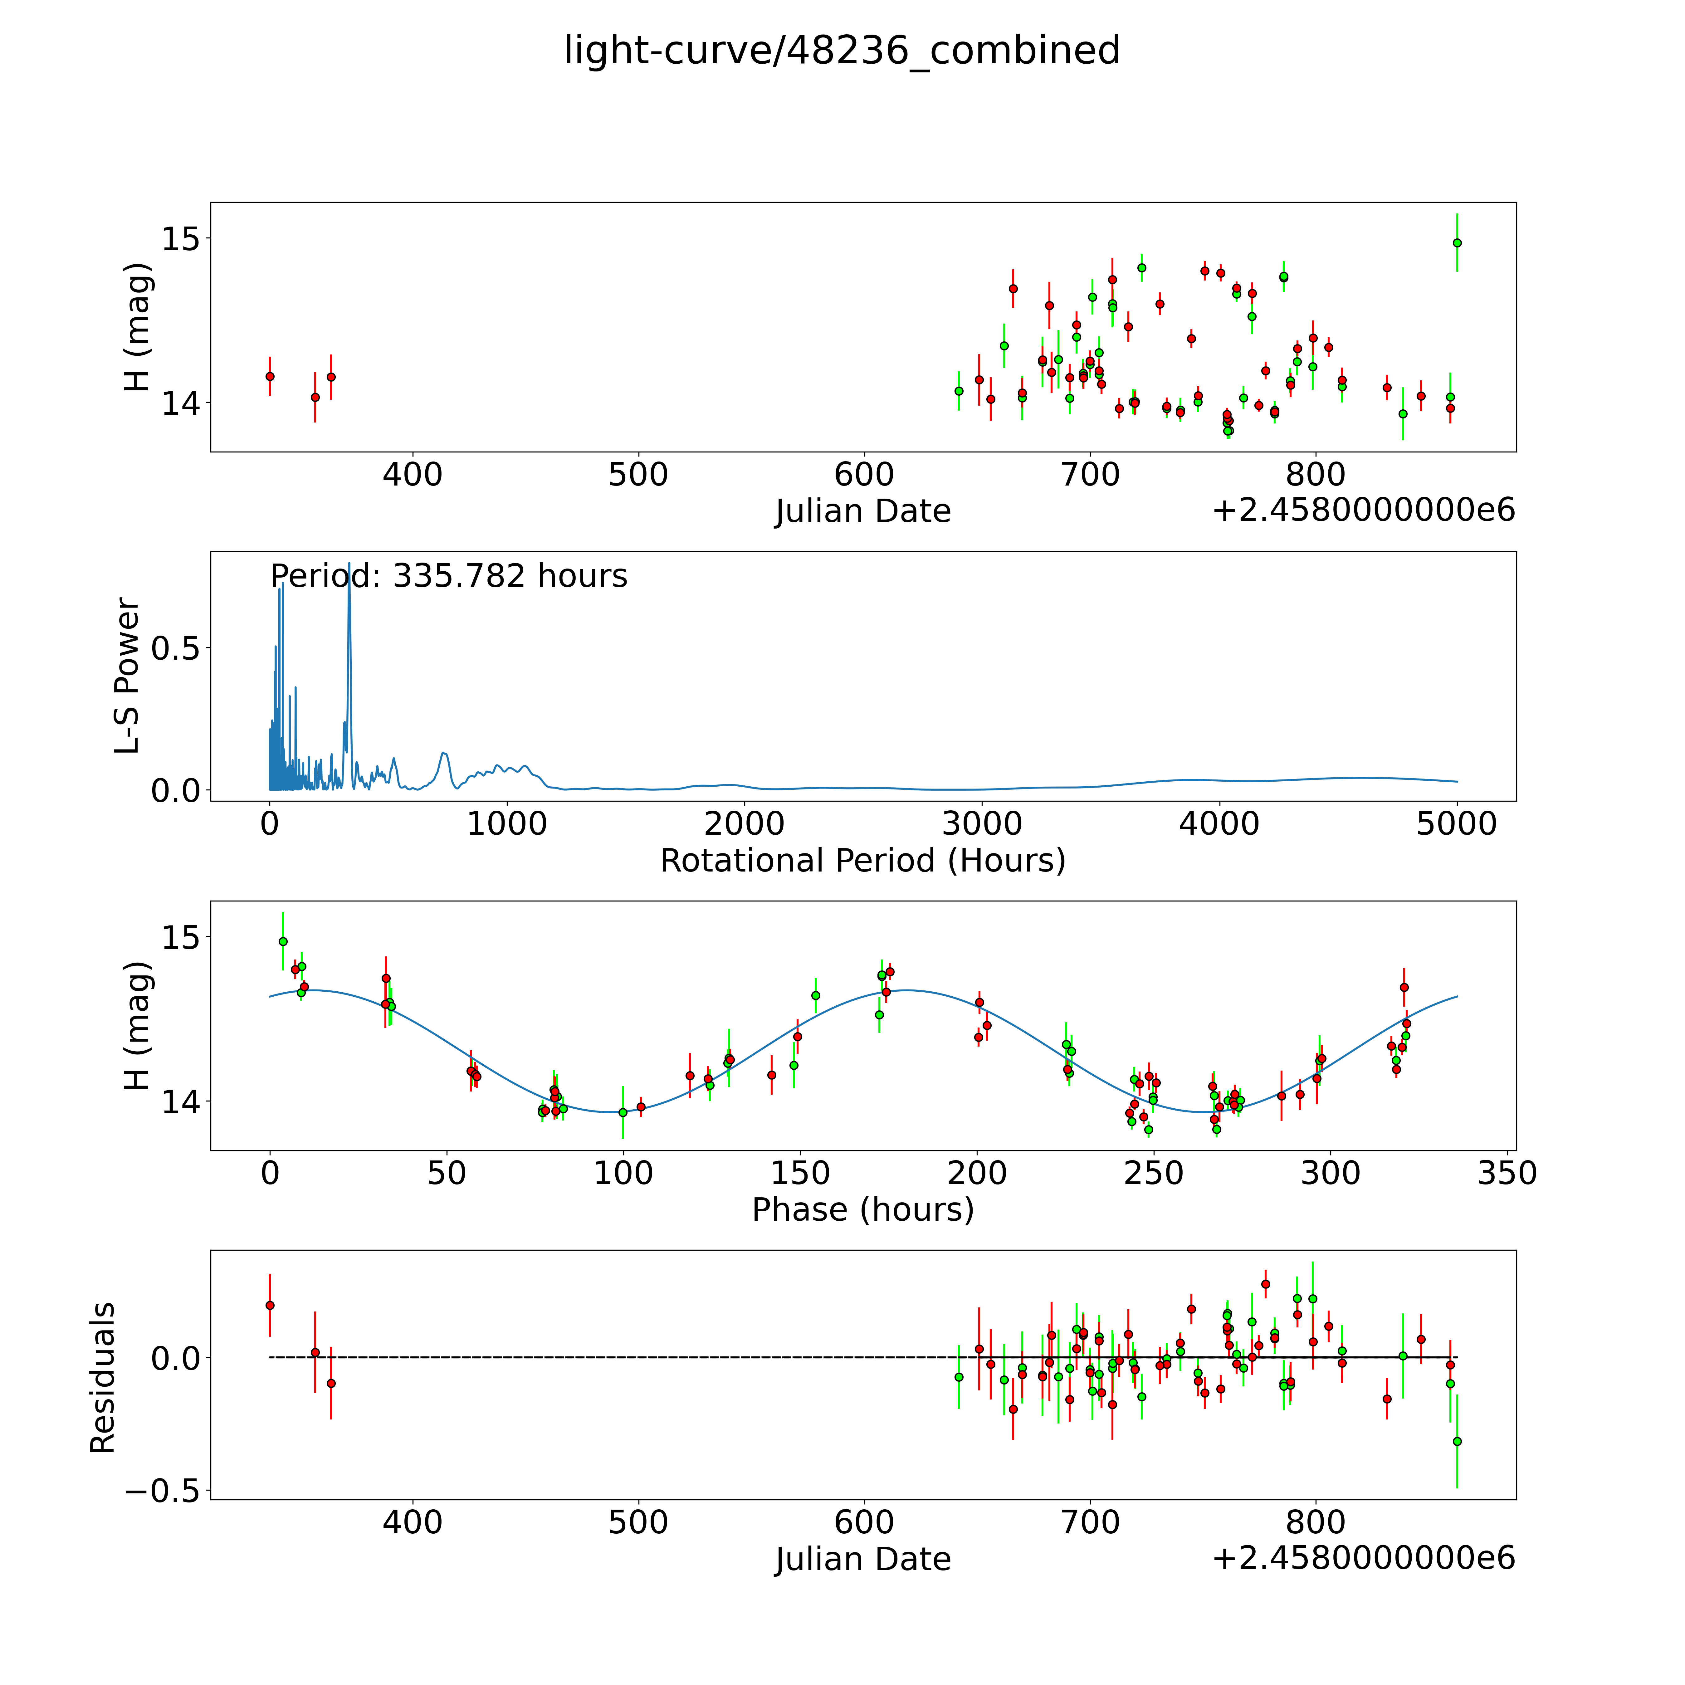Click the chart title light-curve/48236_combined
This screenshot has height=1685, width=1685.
pyautogui.click(x=842, y=51)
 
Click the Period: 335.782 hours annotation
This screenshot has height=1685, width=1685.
pyautogui.click(x=448, y=577)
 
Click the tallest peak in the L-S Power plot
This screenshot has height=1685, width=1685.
pyautogui.click(x=349, y=564)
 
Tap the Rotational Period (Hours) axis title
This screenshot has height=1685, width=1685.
pyautogui.click(x=862, y=861)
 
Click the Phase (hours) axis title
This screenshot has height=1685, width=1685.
pyautogui.click(x=862, y=1210)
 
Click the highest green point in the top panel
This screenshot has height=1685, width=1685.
pyautogui.click(x=1457, y=242)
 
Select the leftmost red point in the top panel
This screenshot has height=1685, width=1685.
pyautogui.click(x=270, y=376)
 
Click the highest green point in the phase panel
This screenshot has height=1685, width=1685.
pyautogui.click(x=283, y=941)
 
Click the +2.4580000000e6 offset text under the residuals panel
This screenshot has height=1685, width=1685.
pyautogui.click(x=1363, y=1558)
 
